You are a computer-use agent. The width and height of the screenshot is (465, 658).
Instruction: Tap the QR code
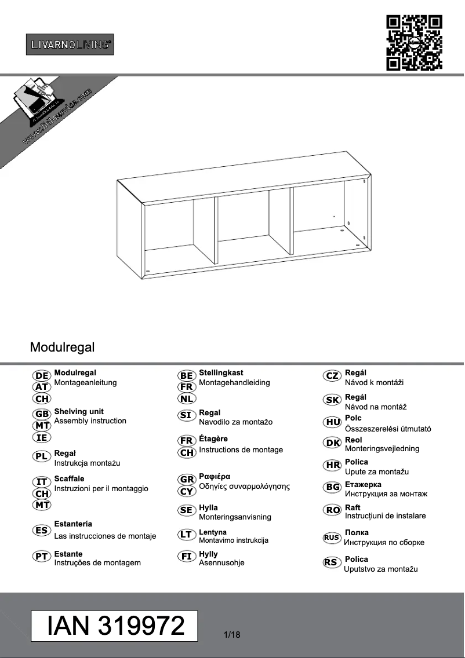[414, 43]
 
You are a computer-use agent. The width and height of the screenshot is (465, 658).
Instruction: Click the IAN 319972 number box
[114, 626]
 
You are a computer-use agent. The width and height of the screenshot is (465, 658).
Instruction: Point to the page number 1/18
[231, 635]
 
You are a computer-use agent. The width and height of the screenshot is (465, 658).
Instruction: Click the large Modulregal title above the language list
[62, 348]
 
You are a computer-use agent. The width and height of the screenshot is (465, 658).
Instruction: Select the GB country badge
[42, 414]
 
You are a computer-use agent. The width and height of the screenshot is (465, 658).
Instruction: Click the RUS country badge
[332, 538]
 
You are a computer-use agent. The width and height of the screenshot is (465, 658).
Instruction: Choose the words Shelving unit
[79, 411]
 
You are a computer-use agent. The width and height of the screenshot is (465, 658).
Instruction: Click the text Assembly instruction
[90, 421]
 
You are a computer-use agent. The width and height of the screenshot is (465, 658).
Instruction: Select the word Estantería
[73, 524]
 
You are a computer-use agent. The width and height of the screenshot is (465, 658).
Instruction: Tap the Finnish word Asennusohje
[221, 562]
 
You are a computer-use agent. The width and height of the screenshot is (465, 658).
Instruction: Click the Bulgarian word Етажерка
[363, 484]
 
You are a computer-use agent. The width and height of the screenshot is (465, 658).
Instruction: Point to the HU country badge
[332, 422]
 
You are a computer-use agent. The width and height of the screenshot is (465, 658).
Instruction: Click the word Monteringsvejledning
[382, 449]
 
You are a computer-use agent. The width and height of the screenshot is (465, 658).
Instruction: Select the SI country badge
[186, 415]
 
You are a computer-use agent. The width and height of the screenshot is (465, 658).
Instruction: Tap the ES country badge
[42, 531]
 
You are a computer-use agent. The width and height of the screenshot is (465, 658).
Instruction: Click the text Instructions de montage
[241, 449]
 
